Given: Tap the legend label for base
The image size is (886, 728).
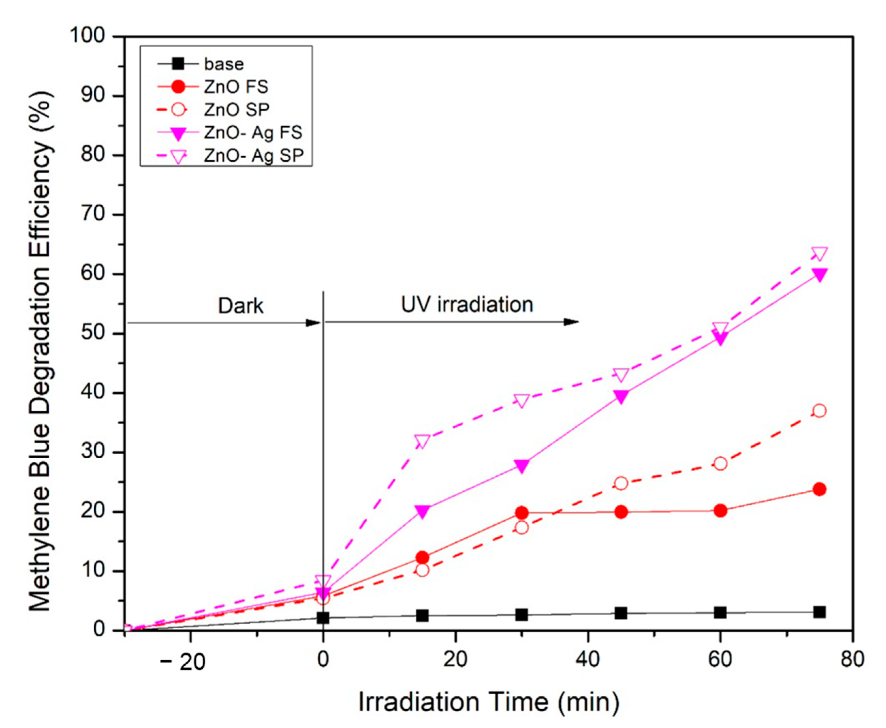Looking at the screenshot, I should click(x=223, y=64).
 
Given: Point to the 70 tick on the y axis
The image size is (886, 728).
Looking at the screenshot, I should click(x=93, y=214).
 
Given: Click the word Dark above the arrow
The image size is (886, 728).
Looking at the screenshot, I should click(x=240, y=306).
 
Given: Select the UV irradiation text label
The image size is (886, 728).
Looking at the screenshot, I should click(x=467, y=304).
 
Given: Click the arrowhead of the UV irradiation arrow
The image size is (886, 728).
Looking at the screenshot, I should click(x=571, y=322).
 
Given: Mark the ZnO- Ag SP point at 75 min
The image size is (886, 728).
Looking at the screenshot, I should click(x=819, y=253).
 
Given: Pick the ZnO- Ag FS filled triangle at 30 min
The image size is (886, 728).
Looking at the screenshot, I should click(x=522, y=466).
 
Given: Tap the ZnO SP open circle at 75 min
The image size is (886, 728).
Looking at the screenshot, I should click(x=819, y=411).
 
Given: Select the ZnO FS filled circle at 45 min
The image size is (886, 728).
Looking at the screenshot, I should click(x=621, y=512).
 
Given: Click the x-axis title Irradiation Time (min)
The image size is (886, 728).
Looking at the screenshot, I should click(x=489, y=701).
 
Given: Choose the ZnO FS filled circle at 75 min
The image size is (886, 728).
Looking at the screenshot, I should click(x=819, y=489).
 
